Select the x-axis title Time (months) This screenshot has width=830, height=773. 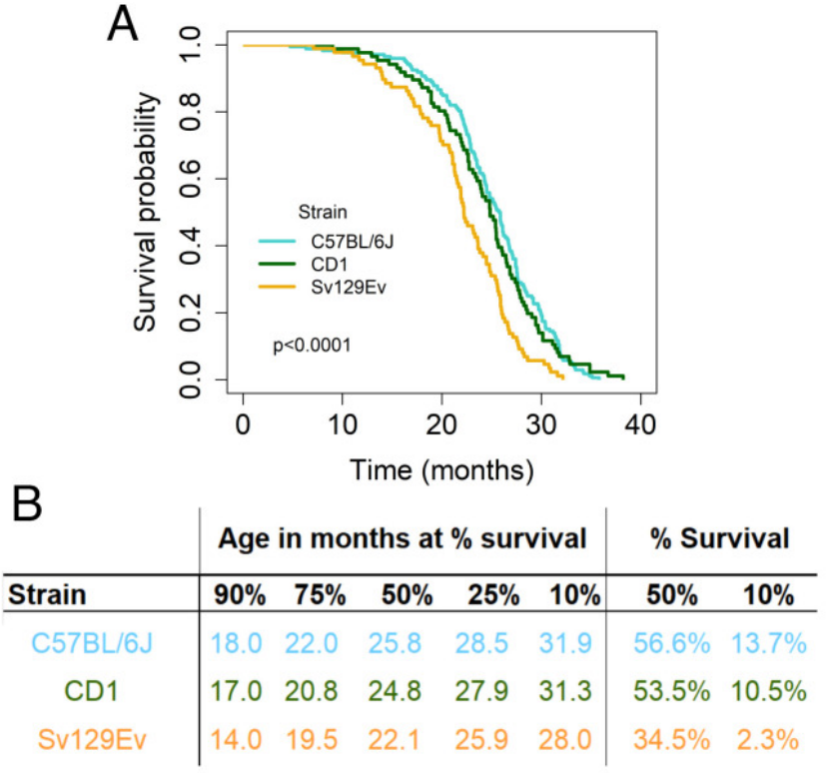[440, 466]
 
